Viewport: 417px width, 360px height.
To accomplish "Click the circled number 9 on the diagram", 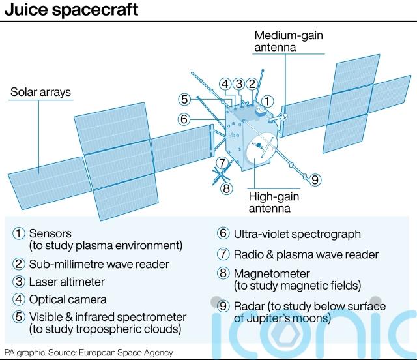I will pyautogui.click(x=315, y=180).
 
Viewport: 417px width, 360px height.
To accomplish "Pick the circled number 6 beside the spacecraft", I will pyautogui.click(x=184, y=119).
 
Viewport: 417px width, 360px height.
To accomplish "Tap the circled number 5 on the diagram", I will pyautogui.click(x=185, y=100).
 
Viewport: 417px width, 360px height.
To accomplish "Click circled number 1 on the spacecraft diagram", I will pyautogui.click(x=269, y=101).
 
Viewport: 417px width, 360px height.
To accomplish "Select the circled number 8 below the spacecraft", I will pyautogui.click(x=226, y=189).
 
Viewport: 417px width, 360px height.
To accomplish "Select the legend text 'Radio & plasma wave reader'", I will pyautogui.click(x=306, y=254).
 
